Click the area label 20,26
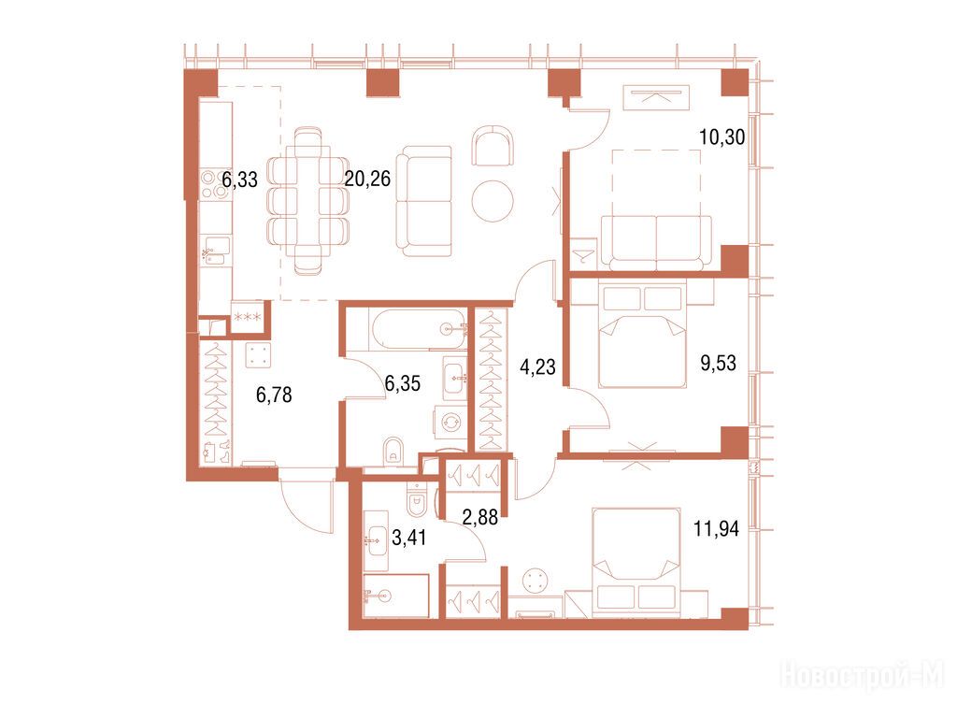(x=367, y=179)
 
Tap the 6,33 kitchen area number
(x=240, y=179)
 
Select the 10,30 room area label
(x=722, y=137)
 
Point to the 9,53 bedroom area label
(x=719, y=364)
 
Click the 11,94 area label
(x=717, y=529)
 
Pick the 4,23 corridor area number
(x=537, y=366)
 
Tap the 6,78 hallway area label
(x=274, y=395)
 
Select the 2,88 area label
(x=480, y=518)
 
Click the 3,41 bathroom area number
(x=409, y=538)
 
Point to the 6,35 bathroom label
(x=403, y=383)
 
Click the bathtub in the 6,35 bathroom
(x=418, y=330)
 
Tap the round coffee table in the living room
(x=493, y=202)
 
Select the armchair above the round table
(x=493, y=145)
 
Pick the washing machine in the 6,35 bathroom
(x=450, y=423)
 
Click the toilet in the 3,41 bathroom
(x=416, y=499)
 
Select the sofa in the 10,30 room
(x=656, y=243)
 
